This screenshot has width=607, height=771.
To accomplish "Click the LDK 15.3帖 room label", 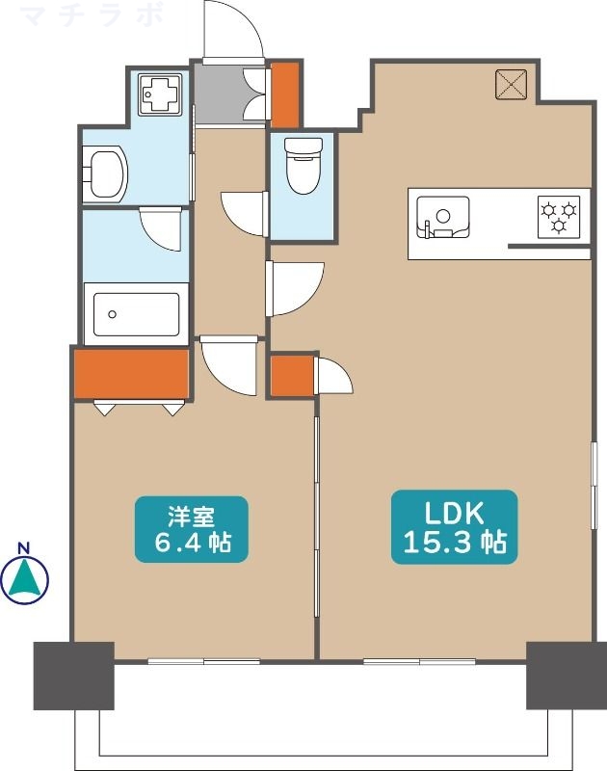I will pyautogui.click(x=454, y=527).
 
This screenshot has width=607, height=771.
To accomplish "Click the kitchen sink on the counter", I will pyautogui.click(x=443, y=217).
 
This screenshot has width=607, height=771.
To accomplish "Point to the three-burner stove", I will pyautogui.click(x=559, y=216).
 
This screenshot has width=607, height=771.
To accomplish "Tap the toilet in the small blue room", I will pyautogui.click(x=303, y=166).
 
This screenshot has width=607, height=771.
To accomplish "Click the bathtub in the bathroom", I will pyautogui.click(x=135, y=312).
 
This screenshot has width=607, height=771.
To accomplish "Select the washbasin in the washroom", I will pyautogui.click(x=105, y=174).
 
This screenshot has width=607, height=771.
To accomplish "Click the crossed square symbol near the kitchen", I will pyautogui.click(x=510, y=86).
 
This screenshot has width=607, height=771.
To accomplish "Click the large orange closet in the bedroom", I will pyautogui.click(x=131, y=374).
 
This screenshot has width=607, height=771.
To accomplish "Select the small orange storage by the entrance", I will pyautogui.click(x=285, y=94).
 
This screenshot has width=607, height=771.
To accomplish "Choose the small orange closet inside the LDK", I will pyautogui.click(x=292, y=376).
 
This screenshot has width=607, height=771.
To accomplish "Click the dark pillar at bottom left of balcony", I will pyautogui.click(x=74, y=676).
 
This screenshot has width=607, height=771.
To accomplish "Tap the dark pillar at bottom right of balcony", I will pyautogui.click(x=559, y=674).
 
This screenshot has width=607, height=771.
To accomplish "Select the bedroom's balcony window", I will pyautogui.click(x=204, y=661).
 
